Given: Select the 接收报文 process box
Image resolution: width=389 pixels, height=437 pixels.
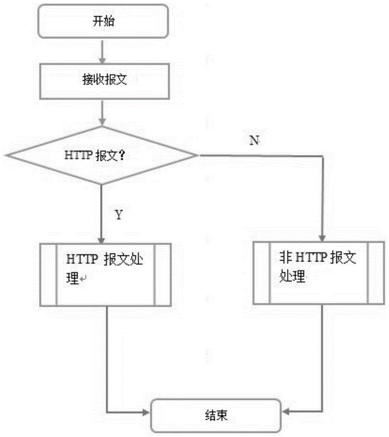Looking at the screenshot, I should (x=102, y=82).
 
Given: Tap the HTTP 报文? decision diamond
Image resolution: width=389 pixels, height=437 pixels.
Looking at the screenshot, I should (x=102, y=156).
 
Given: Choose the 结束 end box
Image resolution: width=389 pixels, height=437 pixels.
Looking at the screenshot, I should (x=216, y=415).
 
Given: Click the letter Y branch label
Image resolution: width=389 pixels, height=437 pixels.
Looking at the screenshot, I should (x=119, y=215).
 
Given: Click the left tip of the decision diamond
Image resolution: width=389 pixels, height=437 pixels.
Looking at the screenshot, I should (x=8, y=156).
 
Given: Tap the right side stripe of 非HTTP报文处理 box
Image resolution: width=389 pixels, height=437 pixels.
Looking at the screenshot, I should (x=376, y=272).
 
